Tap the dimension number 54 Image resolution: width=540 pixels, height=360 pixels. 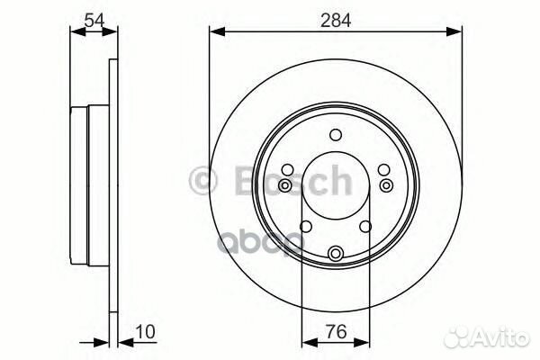[94, 17]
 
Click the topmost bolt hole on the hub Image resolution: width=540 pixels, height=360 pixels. [336, 136]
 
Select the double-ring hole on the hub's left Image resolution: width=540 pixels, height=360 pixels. [284, 185]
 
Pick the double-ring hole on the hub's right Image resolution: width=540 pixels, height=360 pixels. [387, 185]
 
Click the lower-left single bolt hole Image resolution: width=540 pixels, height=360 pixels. [305, 227]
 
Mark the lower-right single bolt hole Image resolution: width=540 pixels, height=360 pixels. [366, 227]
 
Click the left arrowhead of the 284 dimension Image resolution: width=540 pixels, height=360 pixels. [214, 31]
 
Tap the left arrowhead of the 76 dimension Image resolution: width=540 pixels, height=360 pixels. [306, 342]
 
